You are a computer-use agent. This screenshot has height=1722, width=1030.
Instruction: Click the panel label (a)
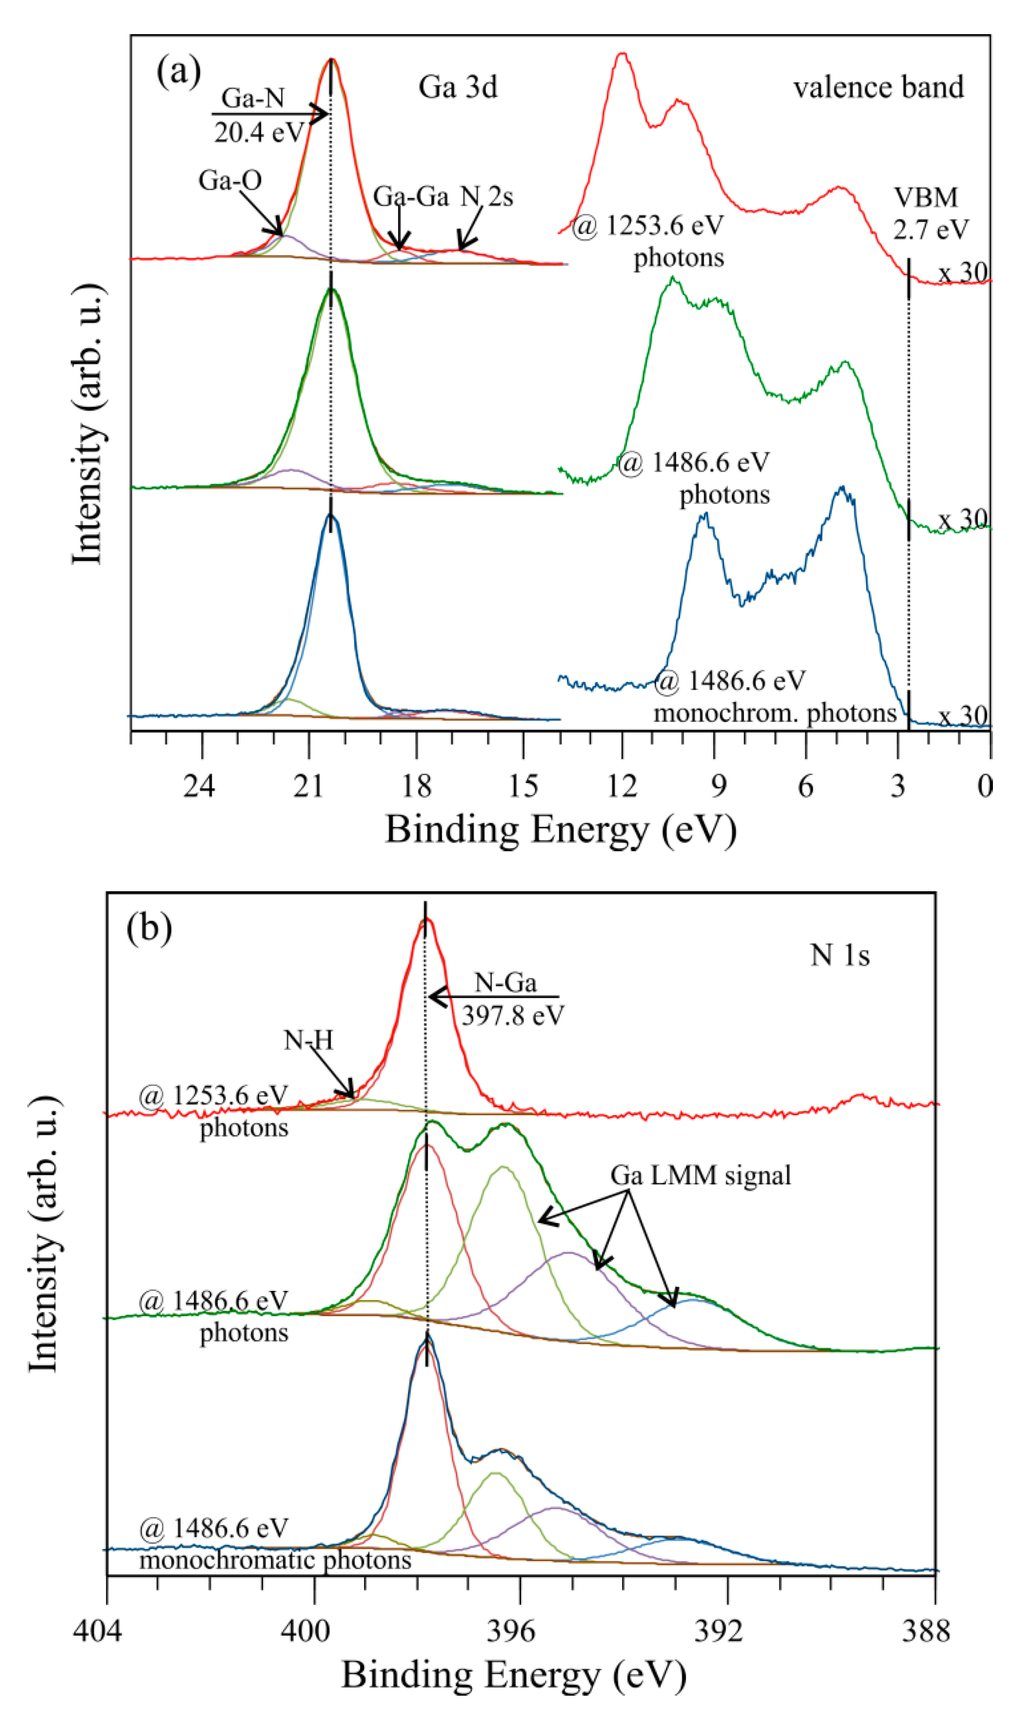pyautogui.click(x=179, y=71)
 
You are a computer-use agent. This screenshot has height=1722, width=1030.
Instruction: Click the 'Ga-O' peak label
pyautogui.click(x=230, y=180)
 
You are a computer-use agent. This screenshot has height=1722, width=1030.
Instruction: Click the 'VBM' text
pyautogui.click(x=925, y=198)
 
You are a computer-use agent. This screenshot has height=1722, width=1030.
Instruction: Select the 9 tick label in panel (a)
pyautogui.click(x=718, y=786)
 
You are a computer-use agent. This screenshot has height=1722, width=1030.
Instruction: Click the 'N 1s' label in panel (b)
pyautogui.click(x=839, y=956)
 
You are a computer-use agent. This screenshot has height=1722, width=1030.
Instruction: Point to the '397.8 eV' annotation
pyautogui.click(x=513, y=1016)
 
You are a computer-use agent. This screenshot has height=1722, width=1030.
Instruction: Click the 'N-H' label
pyautogui.click(x=308, y=1040)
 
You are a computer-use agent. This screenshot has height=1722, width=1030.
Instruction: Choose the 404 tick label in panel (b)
pyautogui.click(x=97, y=1630)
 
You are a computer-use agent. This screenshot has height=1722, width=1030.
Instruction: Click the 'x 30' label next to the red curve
pyautogui.click(x=963, y=273)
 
